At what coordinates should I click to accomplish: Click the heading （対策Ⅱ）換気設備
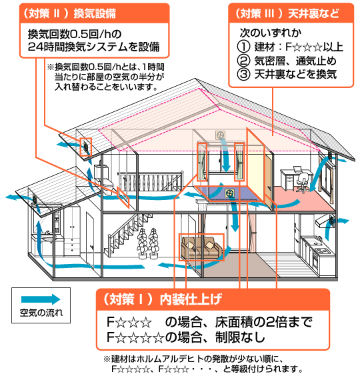tap(69, 13)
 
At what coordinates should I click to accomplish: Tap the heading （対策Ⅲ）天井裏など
tap(287, 13)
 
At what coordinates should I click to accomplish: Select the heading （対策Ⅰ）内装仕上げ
tap(162, 299)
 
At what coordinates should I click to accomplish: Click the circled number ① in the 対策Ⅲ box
tap(243, 47)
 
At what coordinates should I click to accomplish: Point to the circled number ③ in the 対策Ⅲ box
tap(243, 74)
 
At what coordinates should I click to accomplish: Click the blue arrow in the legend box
tap(41, 299)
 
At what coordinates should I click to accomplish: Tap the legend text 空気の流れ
tap(41, 313)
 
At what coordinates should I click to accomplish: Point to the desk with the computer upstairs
tap(291, 177)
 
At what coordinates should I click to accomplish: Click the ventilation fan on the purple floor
tap(229, 193)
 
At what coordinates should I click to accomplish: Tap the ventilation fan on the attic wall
tap(220, 135)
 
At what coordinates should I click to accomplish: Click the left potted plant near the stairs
tap(142, 243)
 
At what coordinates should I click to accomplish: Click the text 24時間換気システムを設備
tap(94, 47)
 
